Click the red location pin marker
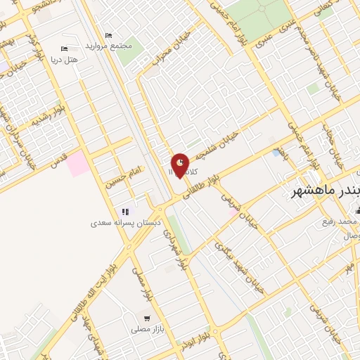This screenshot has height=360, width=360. coord(181,165)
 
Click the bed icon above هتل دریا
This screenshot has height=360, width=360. coord(64,49)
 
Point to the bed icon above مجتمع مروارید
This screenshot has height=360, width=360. coord(108,35)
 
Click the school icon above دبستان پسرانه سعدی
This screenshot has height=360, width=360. coord(125,212)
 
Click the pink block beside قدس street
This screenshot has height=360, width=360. coord(79,164)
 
